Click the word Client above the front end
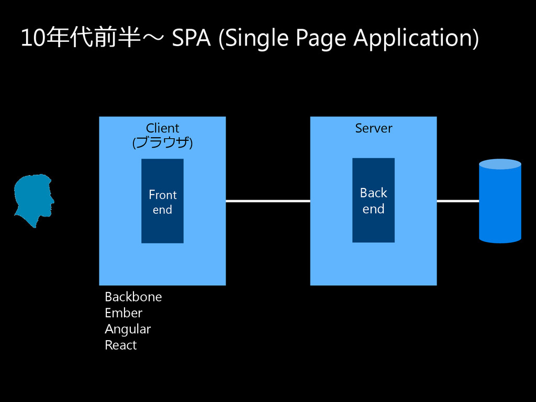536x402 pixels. (162, 128)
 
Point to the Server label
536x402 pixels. (373, 128)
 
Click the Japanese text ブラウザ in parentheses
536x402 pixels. (162, 142)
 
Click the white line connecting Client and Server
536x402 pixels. (267, 201)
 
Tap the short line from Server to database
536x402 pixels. (457, 201)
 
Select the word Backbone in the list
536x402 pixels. (133, 297)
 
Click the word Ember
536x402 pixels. (123, 313)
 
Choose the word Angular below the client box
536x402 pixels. (127, 329)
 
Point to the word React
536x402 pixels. (120, 345)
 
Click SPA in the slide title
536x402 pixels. (191, 38)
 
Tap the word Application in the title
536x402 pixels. (416, 38)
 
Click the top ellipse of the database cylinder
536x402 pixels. (500, 164)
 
